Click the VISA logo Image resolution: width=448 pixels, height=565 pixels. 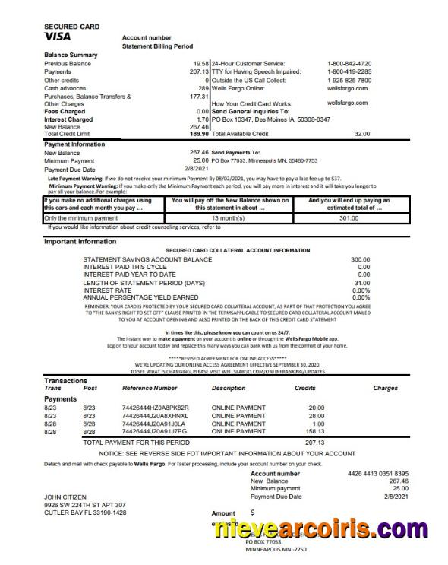60,36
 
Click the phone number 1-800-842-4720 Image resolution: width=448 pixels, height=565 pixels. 349,63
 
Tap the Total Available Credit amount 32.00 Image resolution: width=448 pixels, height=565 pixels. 361,134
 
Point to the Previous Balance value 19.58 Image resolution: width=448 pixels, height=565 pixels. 200,63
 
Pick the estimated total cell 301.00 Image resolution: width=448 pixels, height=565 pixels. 348,218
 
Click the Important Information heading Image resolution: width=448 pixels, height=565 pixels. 80,241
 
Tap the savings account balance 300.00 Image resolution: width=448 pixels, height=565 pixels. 360,259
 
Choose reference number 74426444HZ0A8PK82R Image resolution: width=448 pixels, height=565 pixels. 155,408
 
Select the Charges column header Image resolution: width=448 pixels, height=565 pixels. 385,389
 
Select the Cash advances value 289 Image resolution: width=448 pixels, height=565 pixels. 203,88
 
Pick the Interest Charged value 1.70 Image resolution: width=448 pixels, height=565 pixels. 202,119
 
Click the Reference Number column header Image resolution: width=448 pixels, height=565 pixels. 149,389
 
